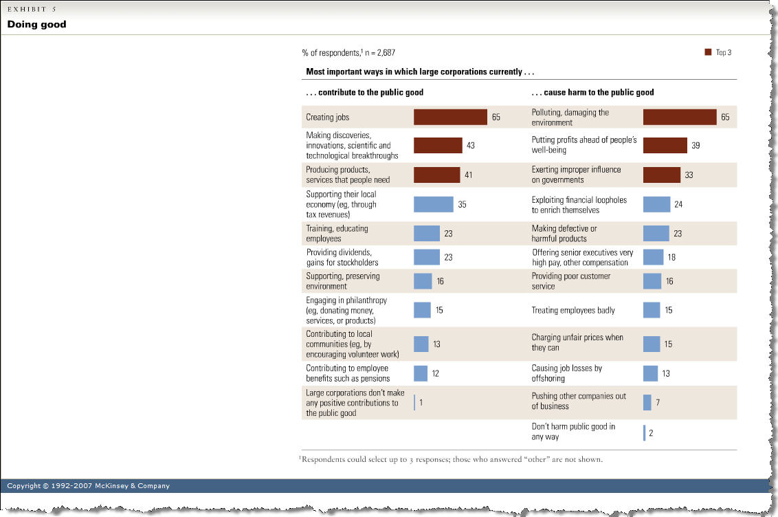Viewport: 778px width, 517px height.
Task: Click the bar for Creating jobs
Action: click(450, 117)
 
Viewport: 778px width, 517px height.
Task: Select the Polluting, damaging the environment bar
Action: click(680, 117)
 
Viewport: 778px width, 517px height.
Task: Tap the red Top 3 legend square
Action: click(708, 52)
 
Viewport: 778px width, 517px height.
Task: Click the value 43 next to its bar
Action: click(471, 146)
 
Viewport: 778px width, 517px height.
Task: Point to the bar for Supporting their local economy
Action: click(433, 204)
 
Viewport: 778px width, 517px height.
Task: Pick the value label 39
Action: click(696, 146)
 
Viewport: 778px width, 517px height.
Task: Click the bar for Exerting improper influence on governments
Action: click(662, 175)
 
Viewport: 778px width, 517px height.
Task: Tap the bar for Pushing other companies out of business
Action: click(647, 402)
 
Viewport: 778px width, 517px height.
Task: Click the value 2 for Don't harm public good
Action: click(651, 432)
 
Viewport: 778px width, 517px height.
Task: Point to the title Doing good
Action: click(37, 25)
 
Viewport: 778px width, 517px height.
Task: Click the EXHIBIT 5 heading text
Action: click(32, 8)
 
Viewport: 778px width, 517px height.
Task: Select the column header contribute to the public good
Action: click(364, 92)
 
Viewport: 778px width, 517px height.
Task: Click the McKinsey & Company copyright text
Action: click(88, 486)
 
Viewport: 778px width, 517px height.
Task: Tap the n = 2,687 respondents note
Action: click(348, 52)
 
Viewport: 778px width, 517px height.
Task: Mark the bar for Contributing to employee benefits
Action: click(421, 373)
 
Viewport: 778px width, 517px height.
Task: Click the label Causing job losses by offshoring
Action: click(567, 373)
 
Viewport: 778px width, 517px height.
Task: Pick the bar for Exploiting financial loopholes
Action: click(656, 204)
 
